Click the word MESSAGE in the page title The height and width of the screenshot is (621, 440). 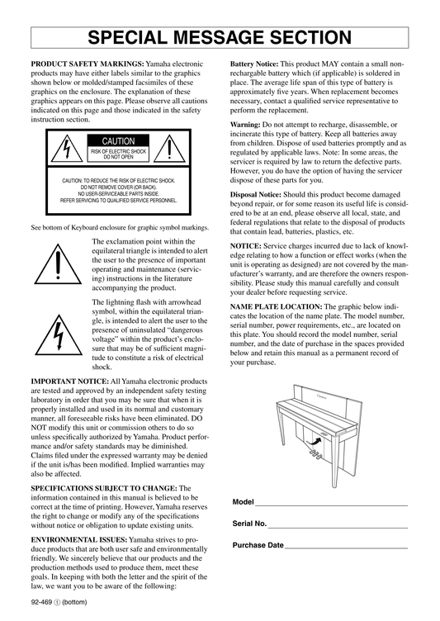pyautogui.click(x=220, y=38)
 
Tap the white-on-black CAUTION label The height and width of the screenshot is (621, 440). pyautogui.click(x=118, y=141)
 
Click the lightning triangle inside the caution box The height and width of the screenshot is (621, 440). pyautogui.click(x=67, y=149)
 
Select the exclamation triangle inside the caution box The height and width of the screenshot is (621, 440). pyautogui.click(x=169, y=149)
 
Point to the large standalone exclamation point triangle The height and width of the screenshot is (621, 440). pyautogui.click(x=58, y=264)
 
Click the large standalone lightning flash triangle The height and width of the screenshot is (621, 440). pyautogui.click(x=59, y=335)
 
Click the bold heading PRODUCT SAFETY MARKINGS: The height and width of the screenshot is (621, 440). pyautogui.click(x=88, y=64)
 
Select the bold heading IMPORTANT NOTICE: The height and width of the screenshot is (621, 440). pyautogui.click(x=69, y=382)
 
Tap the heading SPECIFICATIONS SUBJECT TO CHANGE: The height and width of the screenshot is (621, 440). pyautogui.click(x=104, y=488)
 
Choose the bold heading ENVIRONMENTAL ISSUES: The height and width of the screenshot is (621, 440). pyautogui.click(x=79, y=540)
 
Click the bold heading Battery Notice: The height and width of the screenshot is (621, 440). pyautogui.click(x=254, y=64)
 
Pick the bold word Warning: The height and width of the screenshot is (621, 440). pyautogui.click(x=245, y=125)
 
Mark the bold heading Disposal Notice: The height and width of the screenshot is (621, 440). pyautogui.click(x=256, y=194)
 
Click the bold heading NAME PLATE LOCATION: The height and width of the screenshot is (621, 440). pyautogui.click(x=276, y=306)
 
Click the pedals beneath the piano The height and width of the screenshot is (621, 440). pyautogui.click(x=315, y=454)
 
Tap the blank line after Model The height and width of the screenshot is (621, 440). pyautogui.click(x=332, y=505)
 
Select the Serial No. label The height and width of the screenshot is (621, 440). pyautogui.click(x=249, y=524)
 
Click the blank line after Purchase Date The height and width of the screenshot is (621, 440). pyautogui.click(x=346, y=548)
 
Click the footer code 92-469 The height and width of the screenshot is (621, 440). pyautogui.click(x=41, y=602)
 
